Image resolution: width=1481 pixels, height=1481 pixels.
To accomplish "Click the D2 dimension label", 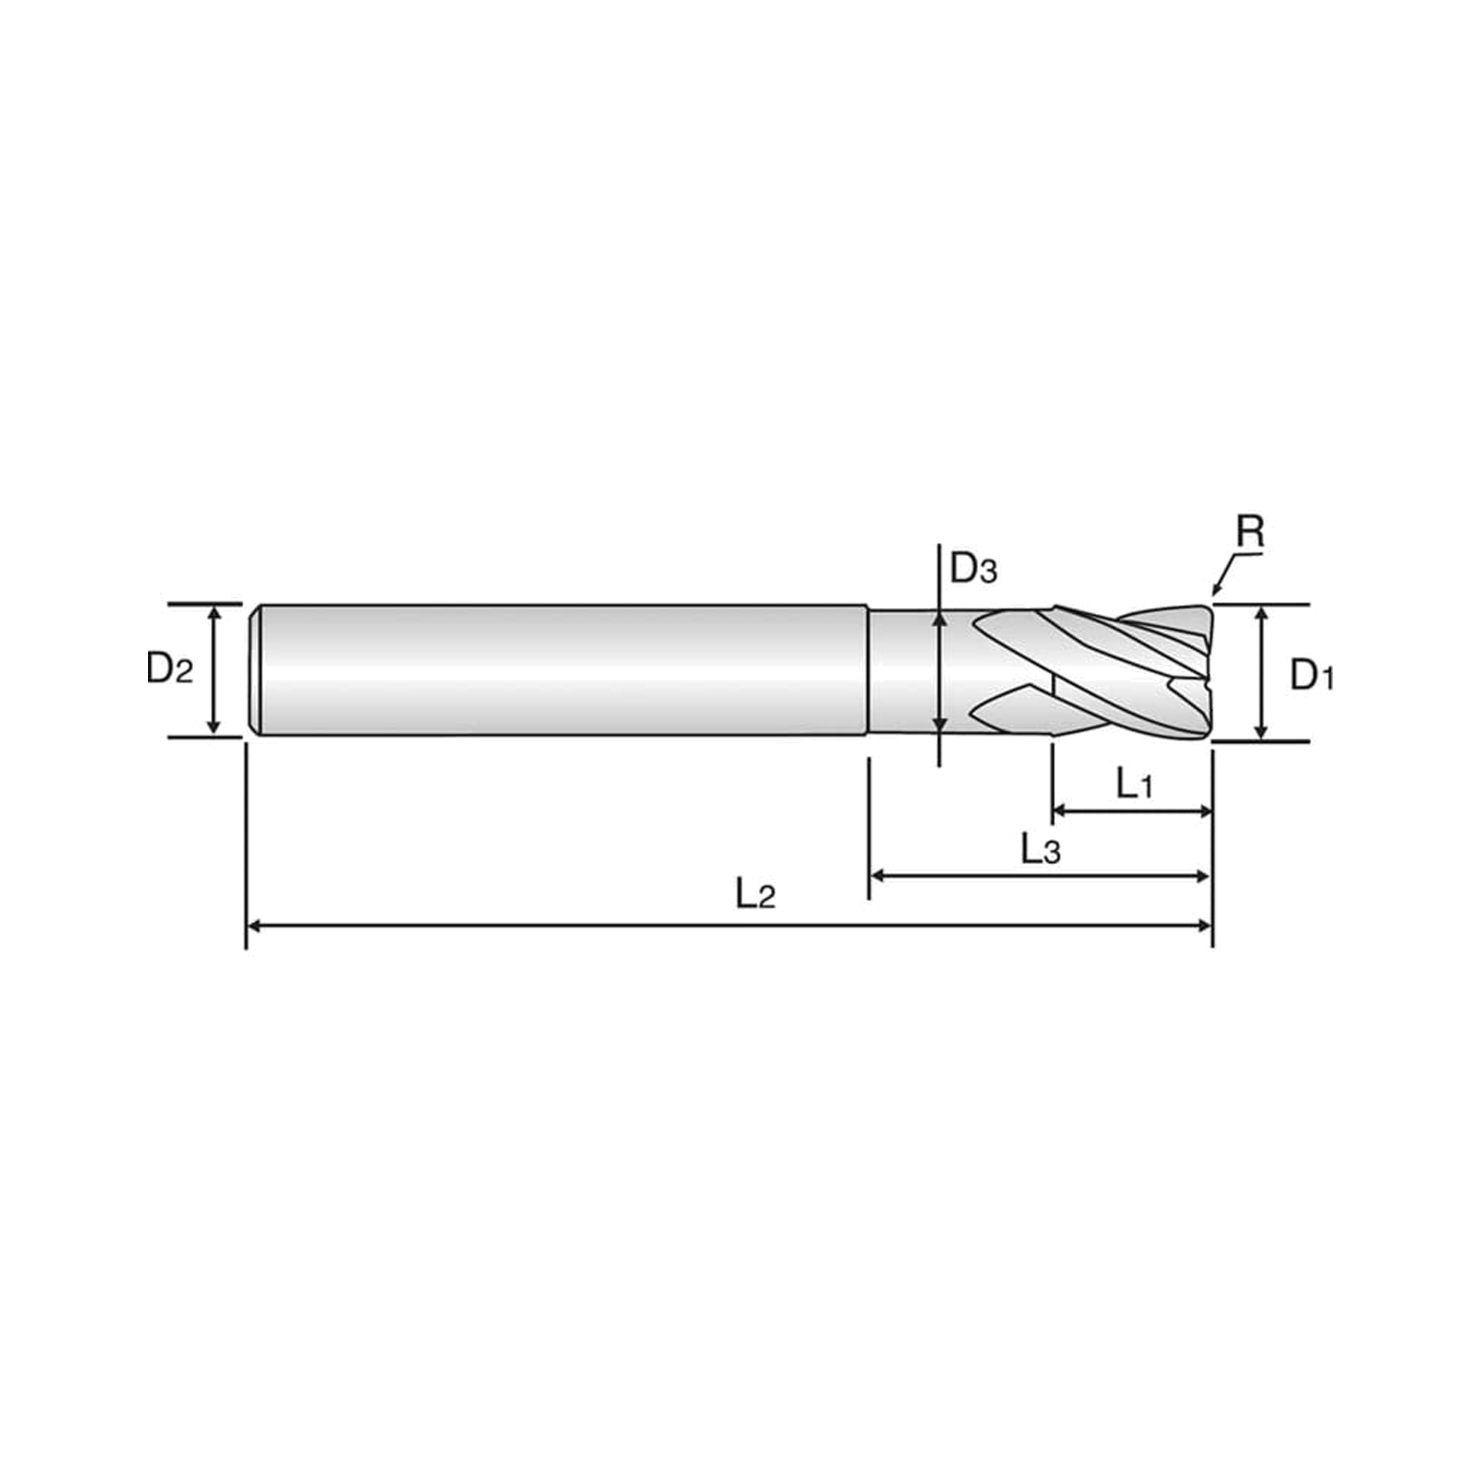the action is click(x=170, y=669).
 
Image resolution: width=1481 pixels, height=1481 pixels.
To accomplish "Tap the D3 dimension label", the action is click(x=974, y=569).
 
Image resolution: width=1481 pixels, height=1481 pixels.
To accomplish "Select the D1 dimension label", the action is click(x=1311, y=675).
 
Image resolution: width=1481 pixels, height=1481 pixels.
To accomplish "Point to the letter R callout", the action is click(x=1249, y=531).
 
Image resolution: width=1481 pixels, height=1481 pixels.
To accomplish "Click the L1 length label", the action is click(x=1134, y=783).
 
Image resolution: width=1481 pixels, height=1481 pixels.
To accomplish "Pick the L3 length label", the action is click(x=1040, y=849).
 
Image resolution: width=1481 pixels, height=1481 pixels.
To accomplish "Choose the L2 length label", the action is click(x=756, y=894).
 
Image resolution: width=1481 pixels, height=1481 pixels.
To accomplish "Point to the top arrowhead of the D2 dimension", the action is click(x=214, y=612).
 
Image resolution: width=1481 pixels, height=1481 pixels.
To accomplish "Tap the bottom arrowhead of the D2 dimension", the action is click(x=214, y=727).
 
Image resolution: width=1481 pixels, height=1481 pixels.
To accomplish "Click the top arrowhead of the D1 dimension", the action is click(x=1262, y=613).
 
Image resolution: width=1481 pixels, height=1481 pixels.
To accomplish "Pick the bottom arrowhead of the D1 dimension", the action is click(x=1262, y=732).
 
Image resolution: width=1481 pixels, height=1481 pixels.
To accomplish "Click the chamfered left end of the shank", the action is click(x=256, y=670).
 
